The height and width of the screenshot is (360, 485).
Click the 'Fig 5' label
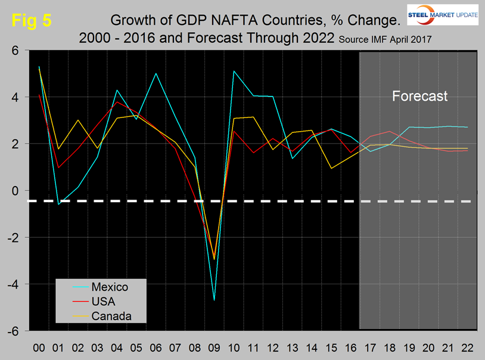click(32, 19)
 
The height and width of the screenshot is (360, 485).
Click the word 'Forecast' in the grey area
click(419, 96)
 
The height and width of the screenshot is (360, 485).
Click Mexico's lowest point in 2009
click(214, 300)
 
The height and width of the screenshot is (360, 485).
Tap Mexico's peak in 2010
click(234, 72)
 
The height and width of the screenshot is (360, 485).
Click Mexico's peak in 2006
click(156, 74)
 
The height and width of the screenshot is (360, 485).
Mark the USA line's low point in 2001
click(58, 167)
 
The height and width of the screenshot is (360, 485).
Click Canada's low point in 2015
click(331, 168)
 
